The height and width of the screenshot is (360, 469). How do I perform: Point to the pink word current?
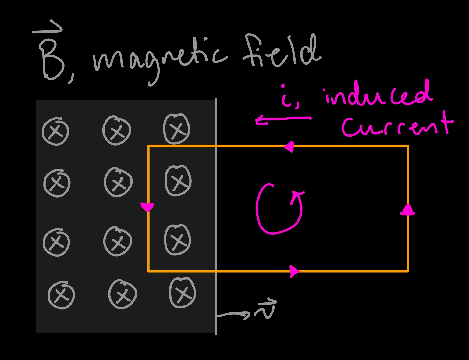396,127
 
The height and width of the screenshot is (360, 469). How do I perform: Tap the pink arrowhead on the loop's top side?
290,147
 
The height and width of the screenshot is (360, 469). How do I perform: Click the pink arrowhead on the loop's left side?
147,207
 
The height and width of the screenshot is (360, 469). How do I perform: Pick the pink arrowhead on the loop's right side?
407,210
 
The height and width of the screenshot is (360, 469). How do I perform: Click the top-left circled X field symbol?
55,132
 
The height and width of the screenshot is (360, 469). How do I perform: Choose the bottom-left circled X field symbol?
61,295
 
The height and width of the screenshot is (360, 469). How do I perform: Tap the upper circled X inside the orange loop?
178,180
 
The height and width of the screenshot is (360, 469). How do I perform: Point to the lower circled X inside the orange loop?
178,240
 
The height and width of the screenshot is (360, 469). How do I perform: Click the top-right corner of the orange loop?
407,147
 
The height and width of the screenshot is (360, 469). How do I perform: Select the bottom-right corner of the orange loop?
407,271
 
